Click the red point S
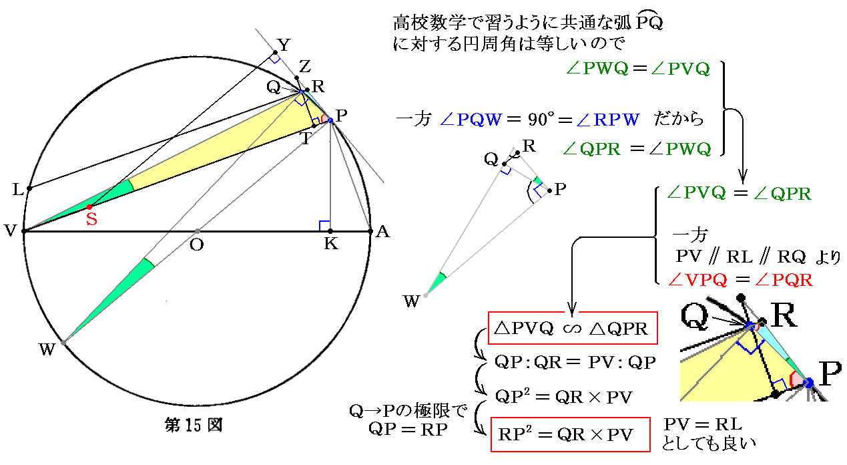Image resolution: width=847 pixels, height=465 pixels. click(x=89, y=207)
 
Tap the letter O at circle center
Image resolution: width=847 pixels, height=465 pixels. click(x=196, y=245)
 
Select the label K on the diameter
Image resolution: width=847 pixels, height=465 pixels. click(x=330, y=245)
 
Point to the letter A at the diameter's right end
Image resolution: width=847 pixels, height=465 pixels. click(x=382, y=231)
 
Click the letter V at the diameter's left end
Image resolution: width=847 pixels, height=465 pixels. click(x=11, y=231)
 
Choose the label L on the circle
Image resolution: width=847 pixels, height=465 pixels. click(x=17, y=190)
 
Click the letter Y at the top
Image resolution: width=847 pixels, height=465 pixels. click(x=284, y=45)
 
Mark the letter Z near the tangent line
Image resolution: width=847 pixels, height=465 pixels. click(x=305, y=66)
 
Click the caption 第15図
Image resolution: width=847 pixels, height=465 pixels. click(x=193, y=424)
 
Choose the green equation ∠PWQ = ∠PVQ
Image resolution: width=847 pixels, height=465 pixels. click(x=636, y=69)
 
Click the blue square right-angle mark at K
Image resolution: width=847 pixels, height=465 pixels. click(x=324, y=225)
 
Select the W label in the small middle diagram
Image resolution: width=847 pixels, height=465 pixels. click(x=411, y=301)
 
